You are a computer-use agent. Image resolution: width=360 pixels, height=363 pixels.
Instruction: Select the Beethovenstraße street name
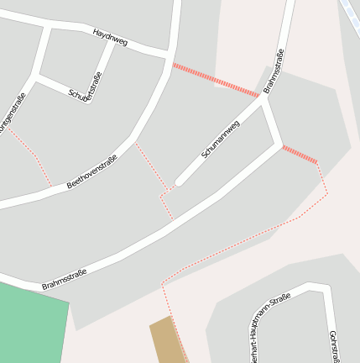(x=91, y=171)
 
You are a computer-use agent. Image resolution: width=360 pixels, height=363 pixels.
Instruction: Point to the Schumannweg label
(x=221, y=139)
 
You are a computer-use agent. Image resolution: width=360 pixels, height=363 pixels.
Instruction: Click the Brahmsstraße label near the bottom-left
(x=64, y=279)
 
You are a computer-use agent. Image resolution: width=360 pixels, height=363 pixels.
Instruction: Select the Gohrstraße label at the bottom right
(x=335, y=345)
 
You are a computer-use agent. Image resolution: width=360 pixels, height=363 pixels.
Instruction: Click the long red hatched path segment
(x=216, y=78)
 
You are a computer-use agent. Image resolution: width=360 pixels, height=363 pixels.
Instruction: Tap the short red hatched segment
(x=300, y=155)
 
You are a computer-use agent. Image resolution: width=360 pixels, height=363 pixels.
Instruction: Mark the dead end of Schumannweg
(x=179, y=181)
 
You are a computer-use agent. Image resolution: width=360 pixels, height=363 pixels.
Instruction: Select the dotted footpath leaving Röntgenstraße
(x=34, y=155)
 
